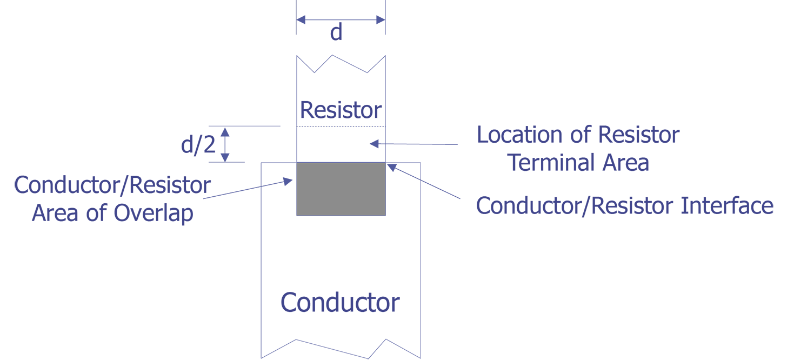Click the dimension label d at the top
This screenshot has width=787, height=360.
(x=336, y=32)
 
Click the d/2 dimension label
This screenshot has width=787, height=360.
(x=198, y=144)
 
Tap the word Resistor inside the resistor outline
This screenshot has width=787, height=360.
(x=341, y=110)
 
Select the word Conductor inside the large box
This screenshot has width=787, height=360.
(x=340, y=302)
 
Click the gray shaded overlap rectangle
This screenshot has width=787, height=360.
(x=341, y=189)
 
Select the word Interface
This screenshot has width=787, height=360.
(x=727, y=205)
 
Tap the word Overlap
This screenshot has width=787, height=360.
(x=154, y=214)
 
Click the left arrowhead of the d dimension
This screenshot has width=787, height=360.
(x=301, y=19)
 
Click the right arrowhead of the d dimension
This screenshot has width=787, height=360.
(x=381, y=19)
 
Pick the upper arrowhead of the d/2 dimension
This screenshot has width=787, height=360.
(x=225, y=132)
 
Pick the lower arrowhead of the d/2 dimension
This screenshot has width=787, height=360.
(x=225, y=158)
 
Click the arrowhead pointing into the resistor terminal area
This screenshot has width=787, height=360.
(x=374, y=143)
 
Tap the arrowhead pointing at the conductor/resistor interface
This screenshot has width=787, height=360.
(x=391, y=167)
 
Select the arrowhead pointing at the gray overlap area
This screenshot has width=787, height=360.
(x=288, y=181)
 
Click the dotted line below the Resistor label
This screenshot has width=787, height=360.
(x=341, y=126)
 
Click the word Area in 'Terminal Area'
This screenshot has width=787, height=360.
(x=626, y=163)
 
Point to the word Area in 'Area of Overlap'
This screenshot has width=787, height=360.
(x=55, y=213)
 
